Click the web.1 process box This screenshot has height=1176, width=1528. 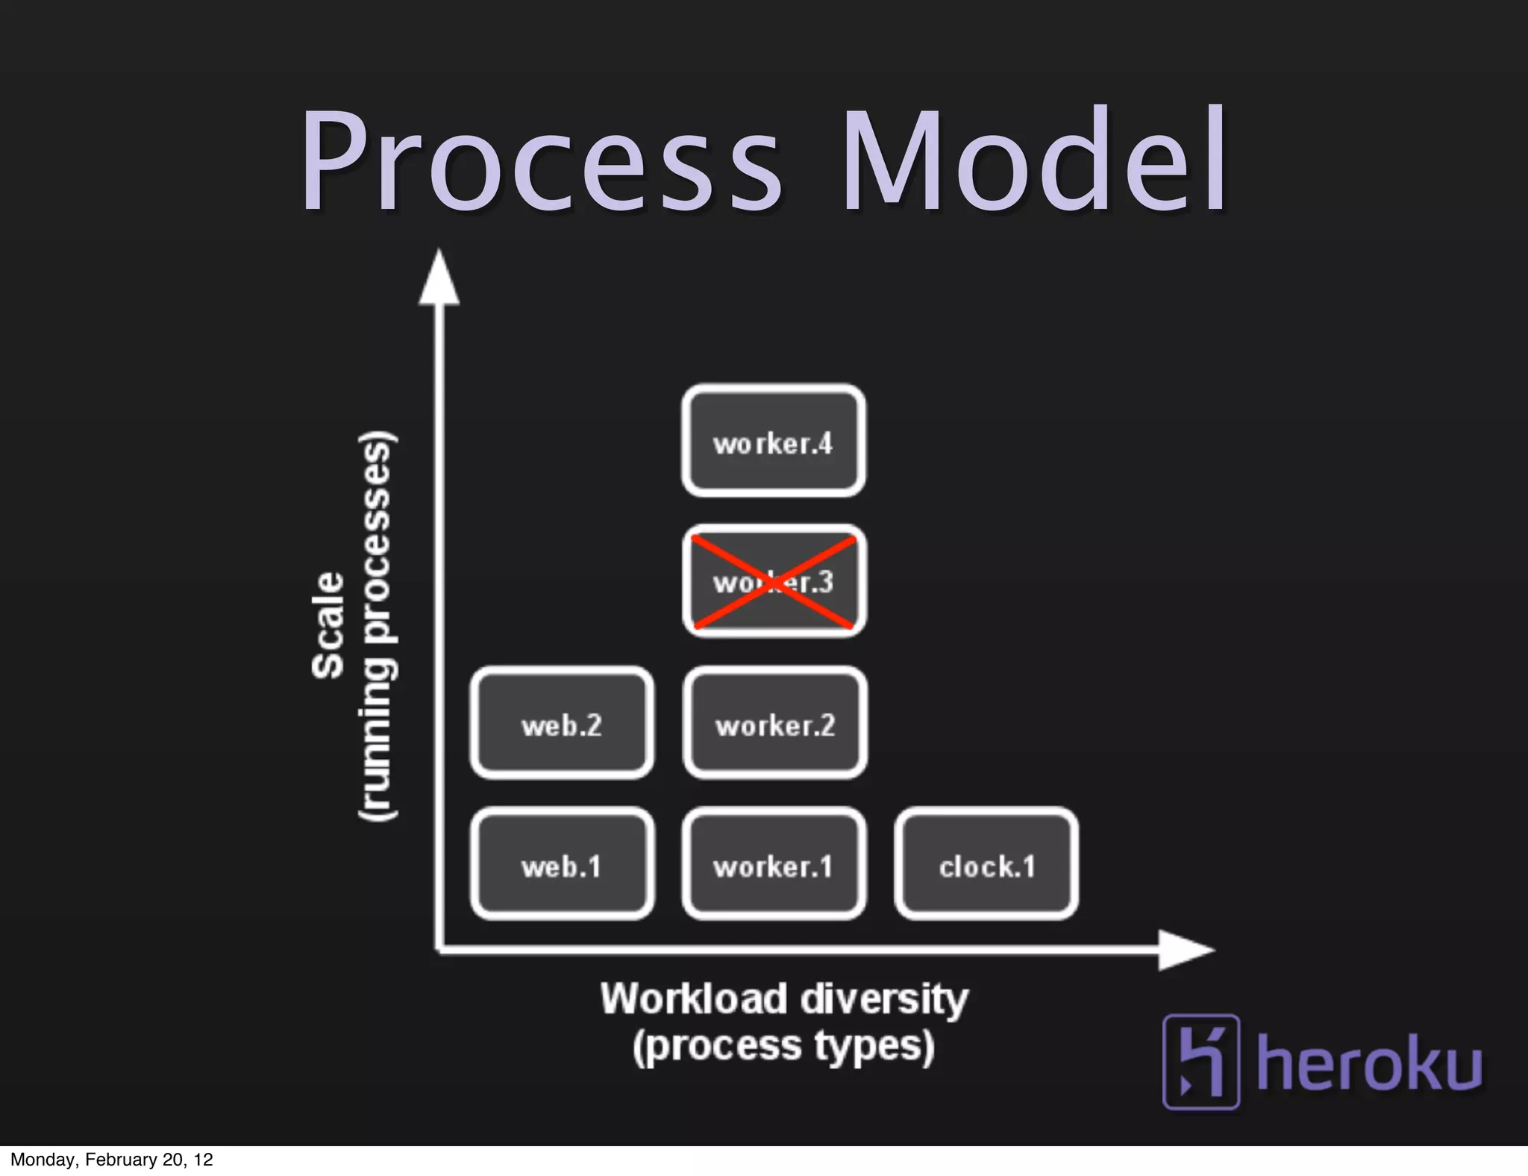(x=562, y=864)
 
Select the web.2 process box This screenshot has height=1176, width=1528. (x=562, y=723)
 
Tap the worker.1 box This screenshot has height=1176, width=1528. (x=774, y=864)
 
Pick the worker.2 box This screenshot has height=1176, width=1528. (x=774, y=723)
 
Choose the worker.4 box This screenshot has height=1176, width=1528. (x=774, y=441)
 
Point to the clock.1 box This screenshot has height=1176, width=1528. (x=986, y=864)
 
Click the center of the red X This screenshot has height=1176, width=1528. (x=773, y=582)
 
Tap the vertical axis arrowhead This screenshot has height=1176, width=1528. (x=439, y=280)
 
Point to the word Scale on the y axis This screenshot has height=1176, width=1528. (x=328, y=625)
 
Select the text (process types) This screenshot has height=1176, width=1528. (x=783, y=1046)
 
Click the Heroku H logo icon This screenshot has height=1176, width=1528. (x=1200, y=1061)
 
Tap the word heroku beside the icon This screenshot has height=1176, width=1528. (x=1369, y=1063)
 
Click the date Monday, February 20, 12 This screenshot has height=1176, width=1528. (x=112, y=1160)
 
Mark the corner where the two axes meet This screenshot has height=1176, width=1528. (x=439, y=950)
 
